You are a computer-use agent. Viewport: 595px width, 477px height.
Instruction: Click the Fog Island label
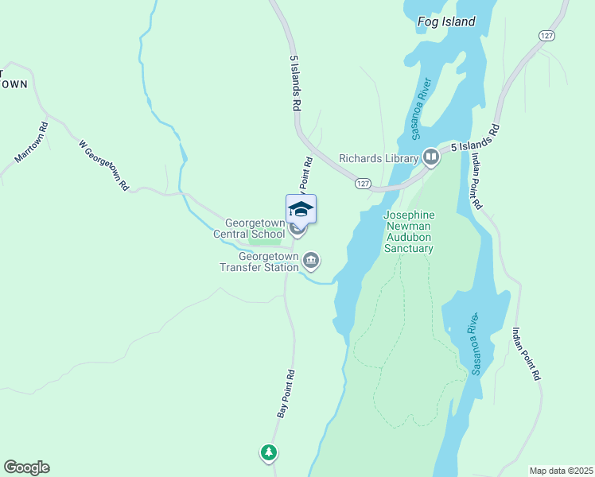[446, 22]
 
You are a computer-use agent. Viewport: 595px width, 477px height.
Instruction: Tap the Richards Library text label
[378, 157]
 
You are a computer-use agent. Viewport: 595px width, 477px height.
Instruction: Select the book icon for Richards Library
[430, 157]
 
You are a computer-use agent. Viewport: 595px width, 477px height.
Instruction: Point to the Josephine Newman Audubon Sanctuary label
[409, 231]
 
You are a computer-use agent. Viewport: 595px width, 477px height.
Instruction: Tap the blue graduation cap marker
[301, 209]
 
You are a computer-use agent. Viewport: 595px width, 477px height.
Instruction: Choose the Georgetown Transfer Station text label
[258, 262]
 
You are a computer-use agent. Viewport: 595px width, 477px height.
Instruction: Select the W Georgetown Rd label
[103, 165]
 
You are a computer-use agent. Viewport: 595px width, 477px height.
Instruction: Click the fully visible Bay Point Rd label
[286, 394]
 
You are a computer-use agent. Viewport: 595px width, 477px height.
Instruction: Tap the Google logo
[26, 467]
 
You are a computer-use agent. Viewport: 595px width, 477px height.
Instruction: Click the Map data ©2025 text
[560, 471]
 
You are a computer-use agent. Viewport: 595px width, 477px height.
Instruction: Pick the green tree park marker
[269, 452]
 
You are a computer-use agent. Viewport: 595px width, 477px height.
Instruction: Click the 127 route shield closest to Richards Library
[363, 184]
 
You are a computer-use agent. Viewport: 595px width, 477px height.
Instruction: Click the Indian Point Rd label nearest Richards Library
[476, 182]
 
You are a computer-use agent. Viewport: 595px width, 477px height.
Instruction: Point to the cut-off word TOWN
[14, 83]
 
